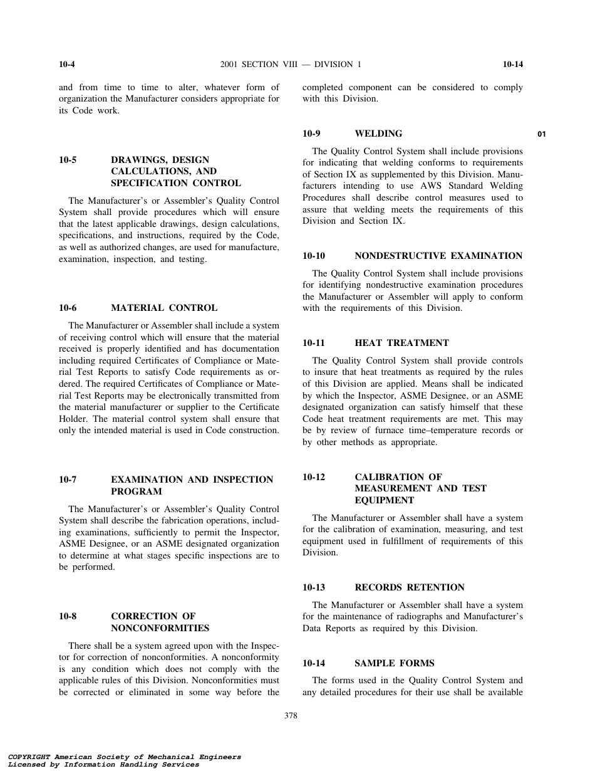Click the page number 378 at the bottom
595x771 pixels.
291,716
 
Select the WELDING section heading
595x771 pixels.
378,134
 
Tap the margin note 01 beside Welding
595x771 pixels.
542,134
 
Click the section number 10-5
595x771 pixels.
68,160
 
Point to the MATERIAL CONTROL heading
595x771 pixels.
164,308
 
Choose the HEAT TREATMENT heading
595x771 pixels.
401,343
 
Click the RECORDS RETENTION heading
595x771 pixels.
410,587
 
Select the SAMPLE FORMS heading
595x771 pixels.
394,663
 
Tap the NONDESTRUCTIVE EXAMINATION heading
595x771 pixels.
438,256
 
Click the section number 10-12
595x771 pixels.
314,477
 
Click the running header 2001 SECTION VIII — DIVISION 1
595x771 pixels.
291,65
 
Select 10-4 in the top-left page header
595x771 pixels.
68,65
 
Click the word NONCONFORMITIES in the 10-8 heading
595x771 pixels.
160,628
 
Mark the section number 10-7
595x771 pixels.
68,480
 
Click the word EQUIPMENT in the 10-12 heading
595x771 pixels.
378,500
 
